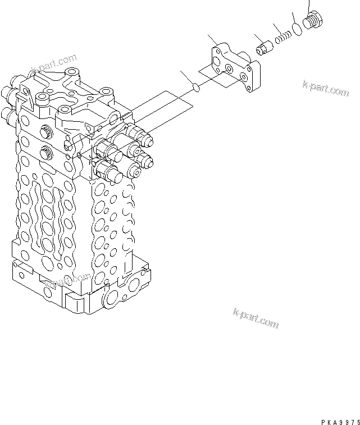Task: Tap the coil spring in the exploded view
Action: [284, 38]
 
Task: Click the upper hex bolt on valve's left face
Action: [45, 133]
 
